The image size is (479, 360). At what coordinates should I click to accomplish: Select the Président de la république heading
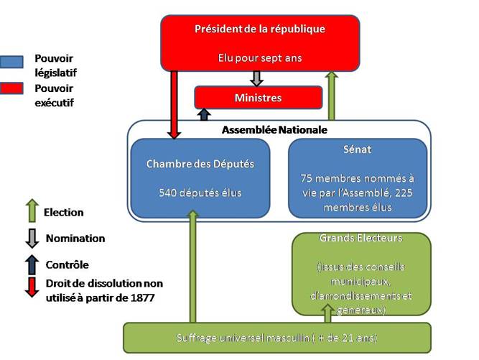(260, 29)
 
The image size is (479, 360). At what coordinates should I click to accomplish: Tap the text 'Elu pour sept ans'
(260, 57)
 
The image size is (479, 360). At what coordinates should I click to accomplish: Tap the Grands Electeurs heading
(361, 238)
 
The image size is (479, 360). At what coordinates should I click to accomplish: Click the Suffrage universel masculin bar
(277, 337)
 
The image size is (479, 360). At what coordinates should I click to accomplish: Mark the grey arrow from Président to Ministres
(256, 78)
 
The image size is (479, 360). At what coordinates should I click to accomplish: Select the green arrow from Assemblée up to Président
(331, 96)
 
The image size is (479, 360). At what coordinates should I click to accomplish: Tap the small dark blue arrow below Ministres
(204, 114)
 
